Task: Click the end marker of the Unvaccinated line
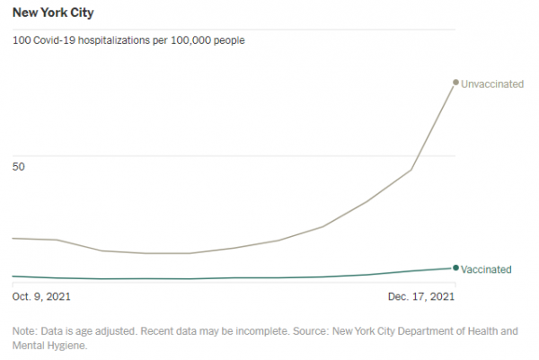pyautogui.click(x=455, y=83)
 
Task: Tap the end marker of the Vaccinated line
pyautogui.click(x=455, y=268)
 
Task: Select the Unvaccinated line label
pyautogui.click(x=491, y=83)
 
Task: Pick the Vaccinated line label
pyautogui.click(x=486, y=268)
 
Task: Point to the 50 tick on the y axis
pyautogui.click(x=19, y=167)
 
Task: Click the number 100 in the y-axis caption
pyautogui.click(x=21, y=40)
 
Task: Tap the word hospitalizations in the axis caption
pyautogui.click(x=125, y=40)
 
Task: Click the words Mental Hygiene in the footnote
pyautogui.click(x=49, y=345)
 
